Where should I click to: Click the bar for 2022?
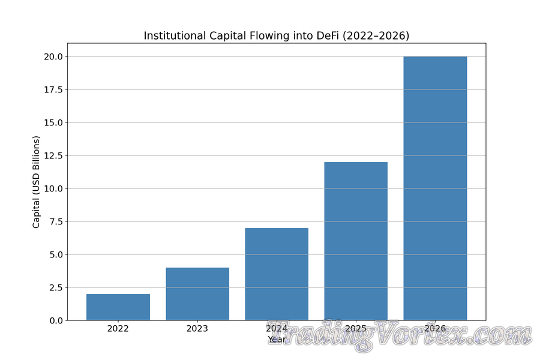(x=118, y=307)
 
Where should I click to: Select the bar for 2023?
(x=197, y=294)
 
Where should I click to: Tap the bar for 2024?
(x=277, y=274)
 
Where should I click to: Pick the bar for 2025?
(x=356, y=241)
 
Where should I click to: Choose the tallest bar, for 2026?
(x=435, y=188)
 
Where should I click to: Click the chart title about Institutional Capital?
(x=277, y=36)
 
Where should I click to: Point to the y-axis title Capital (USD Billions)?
(x=37, y=182)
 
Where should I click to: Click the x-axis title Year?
(x=277, y=340)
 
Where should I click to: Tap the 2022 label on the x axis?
(x=118, y=329)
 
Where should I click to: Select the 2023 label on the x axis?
(x=197, y=329)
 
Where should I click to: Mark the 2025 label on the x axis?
(x=356, y=329)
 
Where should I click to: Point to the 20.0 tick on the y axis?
(x=52, y=56)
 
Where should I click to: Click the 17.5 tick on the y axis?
(x=52, y=89)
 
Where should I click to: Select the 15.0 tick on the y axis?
(x=52, y=122)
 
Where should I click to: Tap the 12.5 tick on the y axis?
(x=52, y=155)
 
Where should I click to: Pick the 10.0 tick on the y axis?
(x=52, y=188)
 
